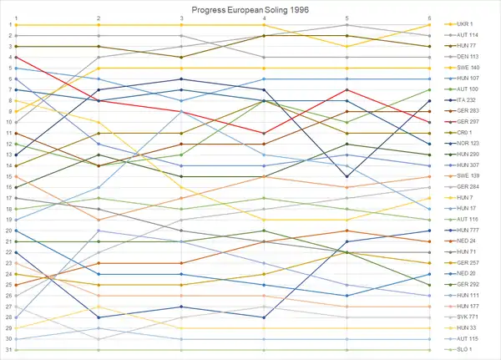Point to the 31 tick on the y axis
pyautogui.click(x=7, y=350)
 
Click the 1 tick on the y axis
pyautogui.click(x=8, y=25)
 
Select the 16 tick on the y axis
pyautogui.click(x=7, y=187)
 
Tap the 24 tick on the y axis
pyautogui.click(x=7, y=274)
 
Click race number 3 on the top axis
pyautogui.click(x=182, y=17)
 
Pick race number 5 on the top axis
pyautogui.click(x=347, y=17)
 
